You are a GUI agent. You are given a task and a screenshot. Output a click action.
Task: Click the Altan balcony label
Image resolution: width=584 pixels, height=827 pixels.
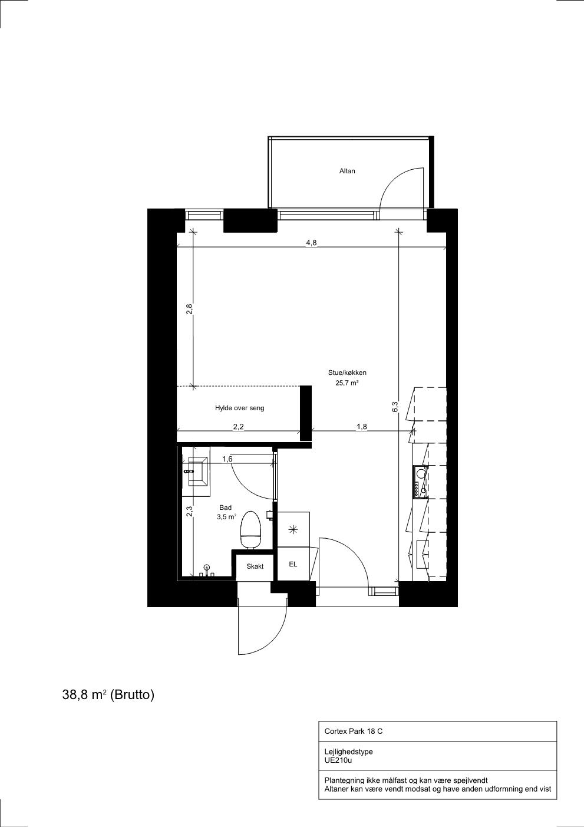[347, 171]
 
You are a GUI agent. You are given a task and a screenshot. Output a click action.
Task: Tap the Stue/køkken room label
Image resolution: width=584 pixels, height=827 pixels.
[347, 373]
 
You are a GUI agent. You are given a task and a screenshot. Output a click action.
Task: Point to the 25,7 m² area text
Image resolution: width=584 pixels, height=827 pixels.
[347, 383]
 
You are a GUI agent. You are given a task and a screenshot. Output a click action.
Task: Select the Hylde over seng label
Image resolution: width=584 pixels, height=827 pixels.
[240, 408]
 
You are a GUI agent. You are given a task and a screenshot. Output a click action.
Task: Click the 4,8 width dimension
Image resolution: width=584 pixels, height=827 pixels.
[311, 243]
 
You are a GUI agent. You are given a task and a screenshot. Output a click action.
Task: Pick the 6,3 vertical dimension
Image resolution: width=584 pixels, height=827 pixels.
[395, 407]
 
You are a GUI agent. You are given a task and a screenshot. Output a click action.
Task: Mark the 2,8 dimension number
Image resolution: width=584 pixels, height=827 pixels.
[189, 309]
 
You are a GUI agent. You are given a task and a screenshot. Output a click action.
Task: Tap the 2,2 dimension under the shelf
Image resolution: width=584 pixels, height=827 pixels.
[239, 427]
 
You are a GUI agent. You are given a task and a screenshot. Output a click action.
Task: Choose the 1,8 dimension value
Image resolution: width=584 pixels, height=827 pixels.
[362, 427]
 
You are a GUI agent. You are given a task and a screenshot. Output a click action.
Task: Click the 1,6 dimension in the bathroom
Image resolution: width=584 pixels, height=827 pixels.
[227, 459]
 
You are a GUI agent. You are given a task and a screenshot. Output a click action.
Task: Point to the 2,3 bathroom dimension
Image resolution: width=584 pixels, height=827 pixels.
[189, 511]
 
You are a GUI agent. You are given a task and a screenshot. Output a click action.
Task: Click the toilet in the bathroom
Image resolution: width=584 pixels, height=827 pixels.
[250, 530]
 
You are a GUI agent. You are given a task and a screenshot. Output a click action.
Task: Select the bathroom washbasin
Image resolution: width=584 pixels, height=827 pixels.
[198, 472]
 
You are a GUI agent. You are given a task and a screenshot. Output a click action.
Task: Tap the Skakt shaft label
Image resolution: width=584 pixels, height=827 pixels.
[255, 566]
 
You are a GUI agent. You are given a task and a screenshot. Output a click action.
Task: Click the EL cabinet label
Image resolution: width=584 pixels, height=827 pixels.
[293, 564]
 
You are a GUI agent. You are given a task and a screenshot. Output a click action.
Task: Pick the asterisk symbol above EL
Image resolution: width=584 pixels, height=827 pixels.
[293, 530]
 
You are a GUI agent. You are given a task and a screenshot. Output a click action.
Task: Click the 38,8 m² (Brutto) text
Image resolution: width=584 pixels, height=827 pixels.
[108, 695]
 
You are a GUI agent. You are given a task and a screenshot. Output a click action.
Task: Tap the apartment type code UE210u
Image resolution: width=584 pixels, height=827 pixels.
[338, 760]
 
